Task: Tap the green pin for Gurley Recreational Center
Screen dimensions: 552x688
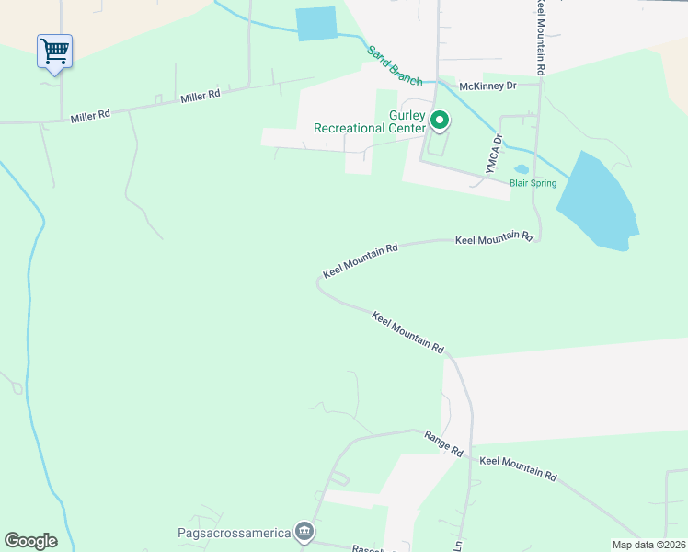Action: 440,121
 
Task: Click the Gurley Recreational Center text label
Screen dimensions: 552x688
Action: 370,121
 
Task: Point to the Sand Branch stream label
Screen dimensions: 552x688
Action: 395,65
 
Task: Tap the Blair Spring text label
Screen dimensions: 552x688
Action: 533,183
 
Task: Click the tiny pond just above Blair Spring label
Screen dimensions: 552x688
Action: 522,169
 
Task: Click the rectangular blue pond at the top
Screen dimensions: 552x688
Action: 316,24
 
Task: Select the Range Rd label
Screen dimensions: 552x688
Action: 442,443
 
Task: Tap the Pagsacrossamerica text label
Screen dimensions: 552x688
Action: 234,532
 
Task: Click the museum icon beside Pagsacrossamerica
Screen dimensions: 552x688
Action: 304,532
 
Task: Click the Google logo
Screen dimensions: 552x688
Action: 30,541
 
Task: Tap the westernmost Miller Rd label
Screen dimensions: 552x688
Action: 91,115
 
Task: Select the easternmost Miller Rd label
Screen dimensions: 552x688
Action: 201,96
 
